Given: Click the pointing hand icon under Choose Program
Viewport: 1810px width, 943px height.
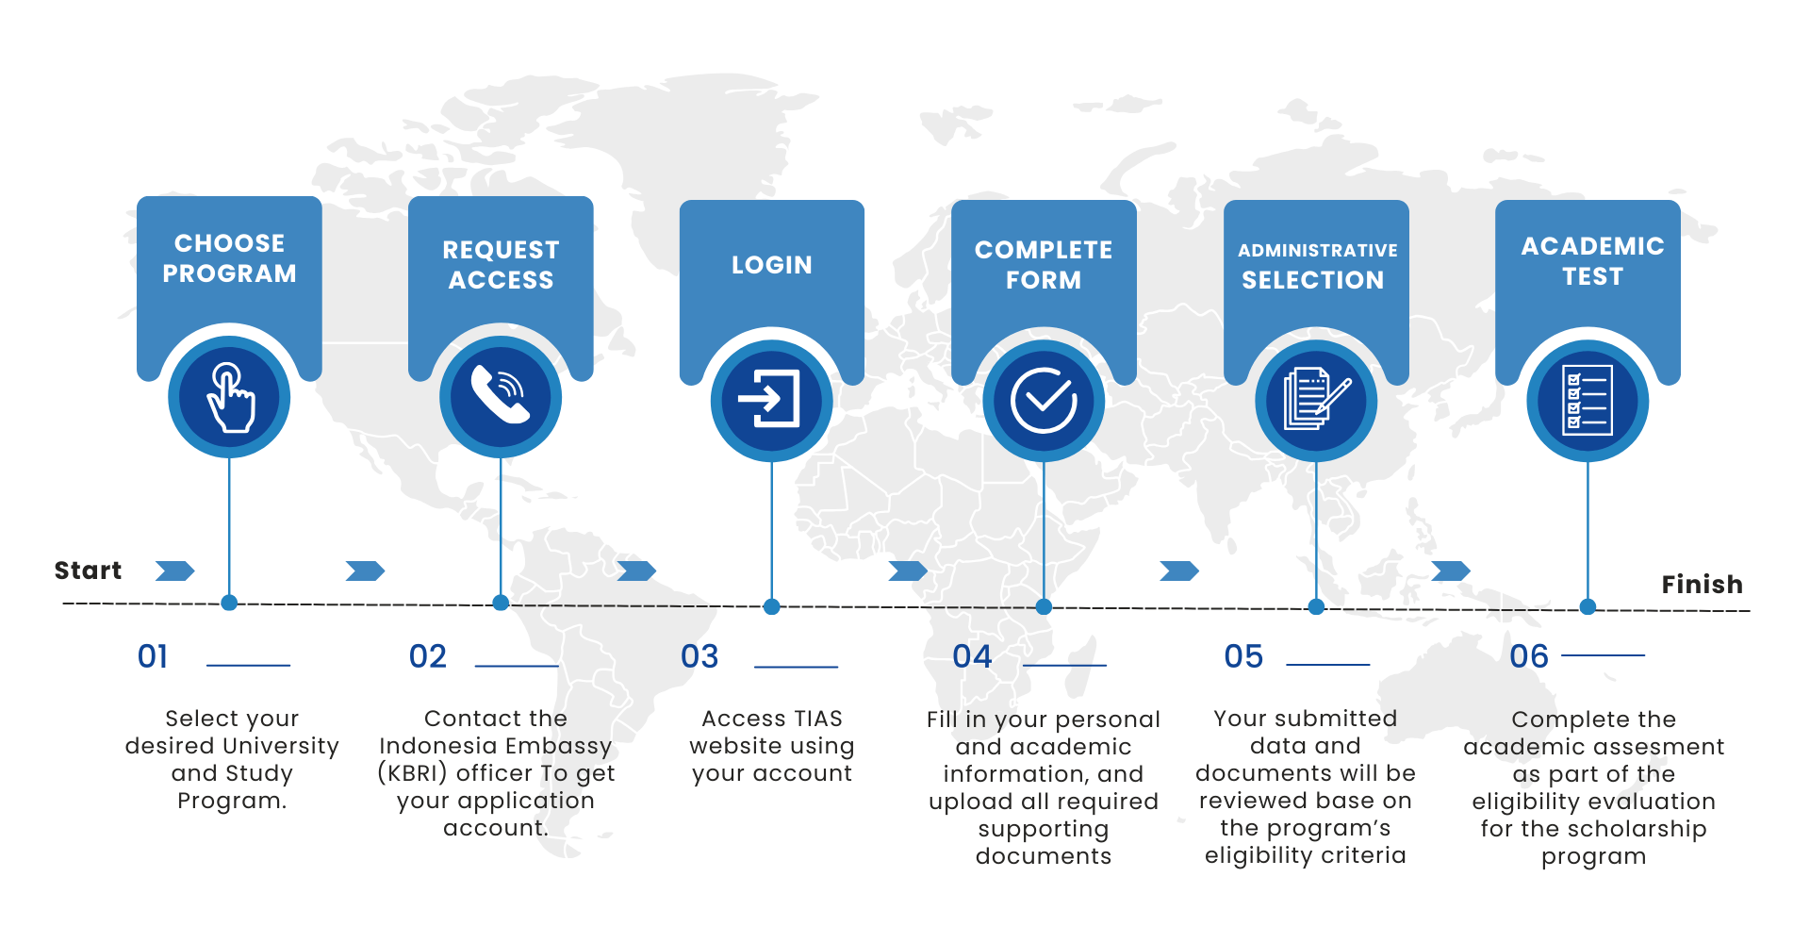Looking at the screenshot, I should (229, 397).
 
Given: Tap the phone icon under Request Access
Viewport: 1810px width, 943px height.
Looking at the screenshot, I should (501, 395).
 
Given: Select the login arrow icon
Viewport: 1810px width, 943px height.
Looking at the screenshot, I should (771, 399).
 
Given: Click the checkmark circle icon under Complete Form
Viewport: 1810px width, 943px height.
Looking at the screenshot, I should (1044, 400).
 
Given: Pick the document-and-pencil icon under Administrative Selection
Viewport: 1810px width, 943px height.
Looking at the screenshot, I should (1316, 400).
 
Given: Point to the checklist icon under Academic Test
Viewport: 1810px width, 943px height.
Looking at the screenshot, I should (1588, 400).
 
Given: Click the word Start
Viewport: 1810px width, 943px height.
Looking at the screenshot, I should (88, 571).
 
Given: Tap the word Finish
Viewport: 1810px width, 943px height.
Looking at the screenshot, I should (1702, 585).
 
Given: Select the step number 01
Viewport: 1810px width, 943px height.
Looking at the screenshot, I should (153, 656).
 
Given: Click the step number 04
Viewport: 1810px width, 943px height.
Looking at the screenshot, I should (972, 656).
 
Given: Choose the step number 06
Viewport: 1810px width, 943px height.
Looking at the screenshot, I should (1528, 656).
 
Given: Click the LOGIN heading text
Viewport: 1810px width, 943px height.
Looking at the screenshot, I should (771, 265).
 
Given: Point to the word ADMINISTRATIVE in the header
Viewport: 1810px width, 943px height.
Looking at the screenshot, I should (1317, 251).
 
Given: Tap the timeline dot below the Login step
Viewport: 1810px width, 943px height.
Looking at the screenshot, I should (772, 606).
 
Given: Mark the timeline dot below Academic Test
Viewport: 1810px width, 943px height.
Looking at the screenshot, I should (1588, 606).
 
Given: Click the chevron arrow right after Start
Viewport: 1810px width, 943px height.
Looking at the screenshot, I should (175, 571).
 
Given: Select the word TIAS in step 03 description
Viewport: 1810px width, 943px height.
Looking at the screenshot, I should (816, 719).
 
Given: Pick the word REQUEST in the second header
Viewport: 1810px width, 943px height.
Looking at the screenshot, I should (501, 250).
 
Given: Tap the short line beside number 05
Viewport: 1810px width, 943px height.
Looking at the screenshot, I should (1327, 665).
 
